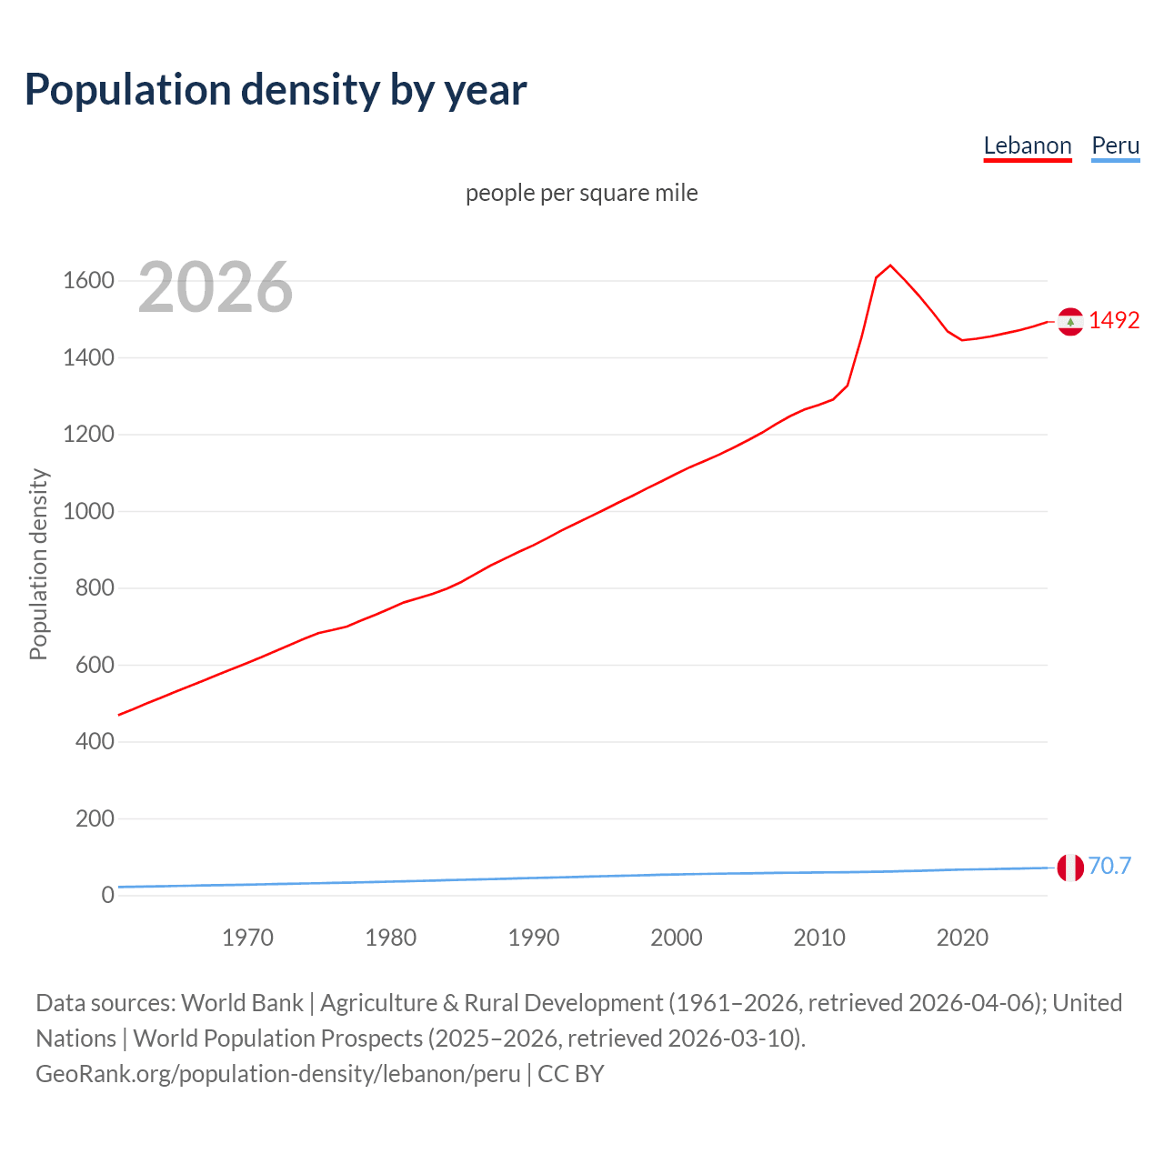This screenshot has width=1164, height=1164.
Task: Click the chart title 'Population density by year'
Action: click(x=276, y=89)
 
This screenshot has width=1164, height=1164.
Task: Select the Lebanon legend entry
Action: click(x=1028, y=145)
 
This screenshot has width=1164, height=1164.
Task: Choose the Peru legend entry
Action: click(x=1115, y=145)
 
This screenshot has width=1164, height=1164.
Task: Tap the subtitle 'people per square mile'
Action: click(x=582, y=193)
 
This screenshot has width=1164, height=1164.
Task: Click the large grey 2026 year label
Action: click(x=216, y=287)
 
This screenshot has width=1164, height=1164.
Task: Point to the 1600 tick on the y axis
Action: click(x=88, y=280)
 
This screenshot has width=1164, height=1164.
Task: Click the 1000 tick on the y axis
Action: click(x=88, y=511)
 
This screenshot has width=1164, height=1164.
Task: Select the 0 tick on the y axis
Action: click(x=107, y=895)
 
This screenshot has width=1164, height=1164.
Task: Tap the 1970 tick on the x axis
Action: click(x=247, y=938)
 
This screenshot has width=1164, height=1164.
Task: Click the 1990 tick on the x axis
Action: click(x=534, y=938)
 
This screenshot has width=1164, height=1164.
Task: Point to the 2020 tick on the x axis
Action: click(x=962, y=938)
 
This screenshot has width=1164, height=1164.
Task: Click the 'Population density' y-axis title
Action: click(x=38, y=564)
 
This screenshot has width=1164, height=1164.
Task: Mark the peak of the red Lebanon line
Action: click(x=890, y=266)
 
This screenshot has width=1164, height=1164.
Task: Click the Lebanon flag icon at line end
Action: click(x=1070, y=321)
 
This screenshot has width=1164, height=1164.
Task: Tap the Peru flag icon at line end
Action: click(x=1070, y=868)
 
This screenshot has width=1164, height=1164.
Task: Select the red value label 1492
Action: click(x=1114, y=320)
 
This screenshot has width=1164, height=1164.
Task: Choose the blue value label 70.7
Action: click(x=1109, y=866)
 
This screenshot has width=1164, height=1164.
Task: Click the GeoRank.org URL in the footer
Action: click(x=277, y=1074)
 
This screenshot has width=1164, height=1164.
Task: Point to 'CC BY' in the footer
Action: click(x=571, y=1074)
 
